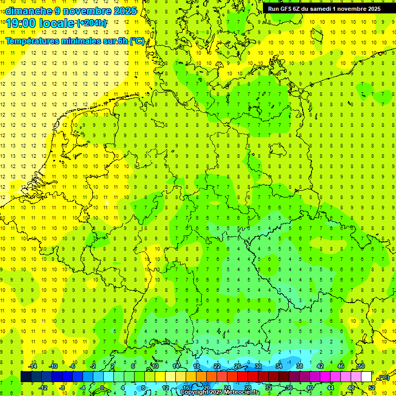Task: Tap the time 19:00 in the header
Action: coord(23,23)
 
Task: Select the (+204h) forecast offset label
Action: coord(92,23)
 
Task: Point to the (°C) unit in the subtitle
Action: coord(137,41)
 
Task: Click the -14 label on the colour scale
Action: coord(32,366)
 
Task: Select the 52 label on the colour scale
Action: coord(372,388)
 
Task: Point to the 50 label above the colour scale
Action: coord(361,366)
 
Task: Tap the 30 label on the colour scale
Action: coord(258,366)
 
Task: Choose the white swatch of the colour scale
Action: coord(366,377)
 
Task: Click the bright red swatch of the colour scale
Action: coord(242,377)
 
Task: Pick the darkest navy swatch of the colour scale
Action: coord(26,377)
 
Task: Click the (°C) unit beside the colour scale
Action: coord(383,378)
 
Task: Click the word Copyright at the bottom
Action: coord(195,392)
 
